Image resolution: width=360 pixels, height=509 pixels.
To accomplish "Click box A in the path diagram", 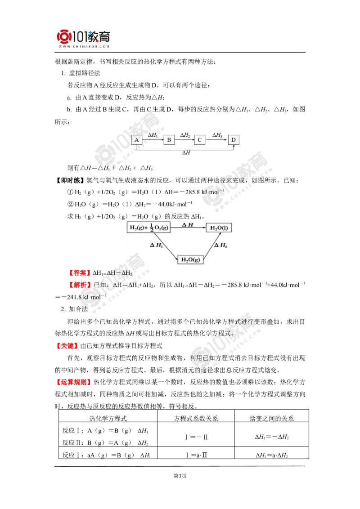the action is pyautogui.click(x=137, y=140).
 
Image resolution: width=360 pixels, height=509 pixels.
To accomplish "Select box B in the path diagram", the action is pyautogui.click(x=169, y=140).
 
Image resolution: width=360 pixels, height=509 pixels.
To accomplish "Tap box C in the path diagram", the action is pyautogui.click(x=199, y=140).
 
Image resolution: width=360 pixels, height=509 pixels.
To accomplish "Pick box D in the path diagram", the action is pyautogui.click(x=233, y=140).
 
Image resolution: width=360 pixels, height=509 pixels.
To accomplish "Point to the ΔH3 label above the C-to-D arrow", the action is pyautogui.click(x=217, y=135).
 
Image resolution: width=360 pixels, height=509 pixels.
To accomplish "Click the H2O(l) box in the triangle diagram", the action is pyautogui.click(x=219, y=228).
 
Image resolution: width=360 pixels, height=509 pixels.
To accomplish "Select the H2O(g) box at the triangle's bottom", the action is pyautogui.click(x=190, y=259).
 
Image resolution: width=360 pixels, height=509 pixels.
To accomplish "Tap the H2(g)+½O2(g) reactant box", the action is pyautogui.click(x=148, y=228).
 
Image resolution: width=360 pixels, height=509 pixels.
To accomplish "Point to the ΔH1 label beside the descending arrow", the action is pyautogui.click(x=156, y=245).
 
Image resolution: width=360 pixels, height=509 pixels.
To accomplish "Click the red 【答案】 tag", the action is pyautogui.click(x=79, y=273).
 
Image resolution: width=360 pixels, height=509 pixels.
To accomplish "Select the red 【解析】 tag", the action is pyautogui.click(x=79, y=285).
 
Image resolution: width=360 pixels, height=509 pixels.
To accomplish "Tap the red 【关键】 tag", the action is pyautogui.click(x=67, y=346).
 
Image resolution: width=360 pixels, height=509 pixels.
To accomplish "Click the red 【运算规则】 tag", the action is pyautogui.click(x=73, y=382).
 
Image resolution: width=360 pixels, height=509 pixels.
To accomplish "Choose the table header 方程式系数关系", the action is pyautogui.click(x=196, y=419).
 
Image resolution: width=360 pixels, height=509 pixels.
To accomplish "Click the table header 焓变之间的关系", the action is pyautogui.click(x=272, y=419).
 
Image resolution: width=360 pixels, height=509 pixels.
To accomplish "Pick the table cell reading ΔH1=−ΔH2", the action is pyautogui.click(x=272, y=437).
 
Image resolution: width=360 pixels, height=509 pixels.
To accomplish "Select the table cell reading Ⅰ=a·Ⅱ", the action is pyautogui.click(x=196, y=455).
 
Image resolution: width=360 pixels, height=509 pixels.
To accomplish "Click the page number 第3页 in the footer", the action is pyautogui.click(x=180, y=476).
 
